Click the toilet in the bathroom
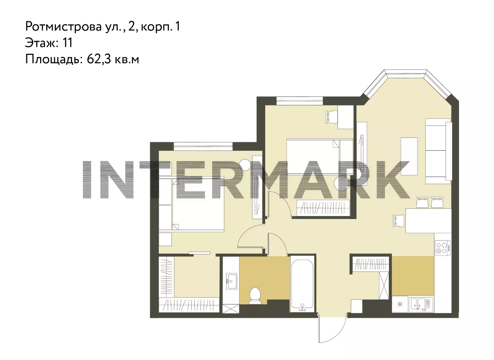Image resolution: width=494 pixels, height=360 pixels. point(255,296)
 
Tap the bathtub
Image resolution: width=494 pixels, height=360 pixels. point(302,284)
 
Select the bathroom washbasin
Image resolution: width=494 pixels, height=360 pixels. point(232,281)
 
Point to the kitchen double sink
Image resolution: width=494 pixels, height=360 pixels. point(421,305)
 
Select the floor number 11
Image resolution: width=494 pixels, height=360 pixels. point(68,43)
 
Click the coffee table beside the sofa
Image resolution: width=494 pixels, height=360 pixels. point(409,156)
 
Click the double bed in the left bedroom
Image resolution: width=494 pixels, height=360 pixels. point(191,204)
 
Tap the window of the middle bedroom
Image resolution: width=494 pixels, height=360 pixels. point(300,101)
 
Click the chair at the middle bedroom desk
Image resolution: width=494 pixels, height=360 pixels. point(332,117)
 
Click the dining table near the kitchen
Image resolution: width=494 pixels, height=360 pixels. point(428,221)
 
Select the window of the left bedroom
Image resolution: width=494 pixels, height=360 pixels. point(203,146)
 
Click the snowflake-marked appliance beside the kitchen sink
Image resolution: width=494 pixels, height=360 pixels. point(400,305)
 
